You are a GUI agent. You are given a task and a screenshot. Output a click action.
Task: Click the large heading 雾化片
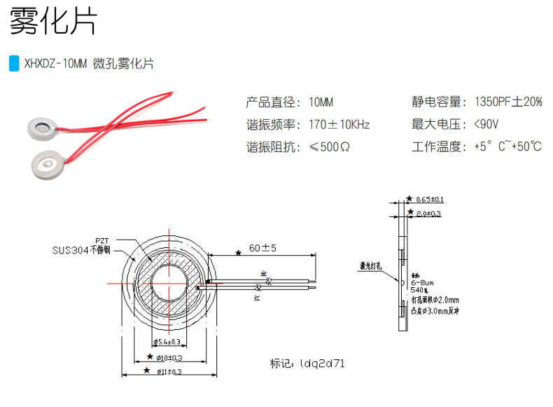click(x=52, y=23)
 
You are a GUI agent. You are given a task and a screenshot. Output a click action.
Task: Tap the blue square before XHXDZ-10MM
click(x=13, y=64)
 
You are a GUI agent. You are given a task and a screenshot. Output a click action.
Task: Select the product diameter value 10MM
click(x=321, y=102)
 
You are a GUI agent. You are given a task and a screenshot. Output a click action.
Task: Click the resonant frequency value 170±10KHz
click(x=339, y=125)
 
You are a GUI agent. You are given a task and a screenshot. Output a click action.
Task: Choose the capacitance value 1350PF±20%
click(x=507, y=102)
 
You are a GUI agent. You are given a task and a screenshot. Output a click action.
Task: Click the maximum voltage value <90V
click(x=486, y=125)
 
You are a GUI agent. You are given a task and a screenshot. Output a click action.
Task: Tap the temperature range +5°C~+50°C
click(x=507, y=147)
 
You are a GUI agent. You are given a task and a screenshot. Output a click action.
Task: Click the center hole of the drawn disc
click(x=168, y=282)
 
